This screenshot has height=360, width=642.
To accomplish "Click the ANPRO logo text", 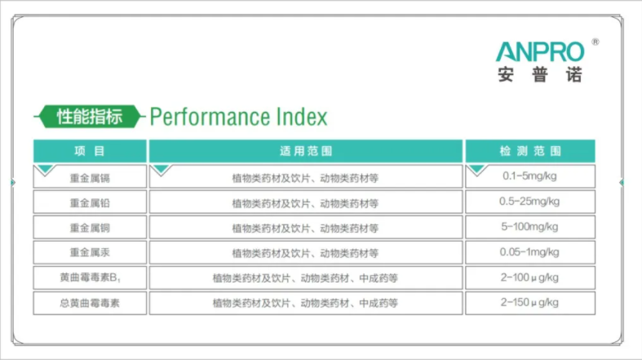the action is point(540,52).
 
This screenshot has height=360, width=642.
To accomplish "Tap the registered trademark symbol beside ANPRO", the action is point(596,42).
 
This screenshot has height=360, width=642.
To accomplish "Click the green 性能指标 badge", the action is point(89,117).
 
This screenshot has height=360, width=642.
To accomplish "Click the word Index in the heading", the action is point(302,117).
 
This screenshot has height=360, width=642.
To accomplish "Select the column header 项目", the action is point(90,151).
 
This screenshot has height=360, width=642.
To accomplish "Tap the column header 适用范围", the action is point(305,151).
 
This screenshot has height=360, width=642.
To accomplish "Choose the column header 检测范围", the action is point(530,151).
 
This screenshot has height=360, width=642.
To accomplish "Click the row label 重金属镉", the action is point(90,178).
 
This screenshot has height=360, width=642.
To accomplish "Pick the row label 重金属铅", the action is point(90,203).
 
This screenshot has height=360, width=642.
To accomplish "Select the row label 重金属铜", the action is point(90,228).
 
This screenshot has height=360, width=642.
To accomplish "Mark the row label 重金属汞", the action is point(90,253).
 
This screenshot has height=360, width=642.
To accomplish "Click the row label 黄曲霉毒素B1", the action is point(90,278).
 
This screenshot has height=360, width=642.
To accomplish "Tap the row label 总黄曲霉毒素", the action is point(90,303).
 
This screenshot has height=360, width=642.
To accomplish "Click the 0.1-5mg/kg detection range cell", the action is point(529,176).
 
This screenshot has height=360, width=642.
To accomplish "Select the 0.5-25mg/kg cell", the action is point(529,202).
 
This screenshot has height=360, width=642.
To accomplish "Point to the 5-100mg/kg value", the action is point(529,227).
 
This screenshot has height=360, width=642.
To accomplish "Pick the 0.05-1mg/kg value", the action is point(529,252).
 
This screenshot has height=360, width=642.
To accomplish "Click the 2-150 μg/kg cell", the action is point(529,303).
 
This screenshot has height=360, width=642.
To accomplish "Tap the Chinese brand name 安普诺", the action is point(540,74).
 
